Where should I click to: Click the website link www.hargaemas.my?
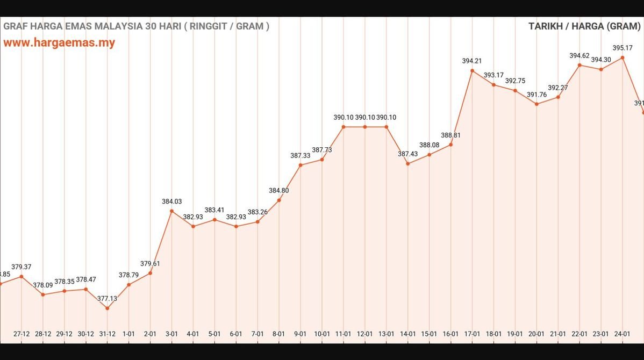point(59,43)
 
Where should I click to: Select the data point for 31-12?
point(107,308)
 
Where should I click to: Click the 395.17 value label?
point(622,48)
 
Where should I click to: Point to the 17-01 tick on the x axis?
point(472,334)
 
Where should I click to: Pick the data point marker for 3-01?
point(171,211)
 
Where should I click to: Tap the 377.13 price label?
point(107,298)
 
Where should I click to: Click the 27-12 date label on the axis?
point(22,334)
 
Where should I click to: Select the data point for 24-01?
point(622,57)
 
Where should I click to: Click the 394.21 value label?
point(472,61)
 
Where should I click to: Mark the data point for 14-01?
point(408,163)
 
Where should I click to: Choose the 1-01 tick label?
point(128,334)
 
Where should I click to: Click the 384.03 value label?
point(171,201)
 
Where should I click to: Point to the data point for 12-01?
point(365,127)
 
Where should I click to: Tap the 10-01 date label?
point(322,334)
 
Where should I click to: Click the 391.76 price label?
point(536,95)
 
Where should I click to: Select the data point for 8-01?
point(279,200)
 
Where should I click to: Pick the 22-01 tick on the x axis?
point(579,334)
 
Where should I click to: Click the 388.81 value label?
point(450,135)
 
